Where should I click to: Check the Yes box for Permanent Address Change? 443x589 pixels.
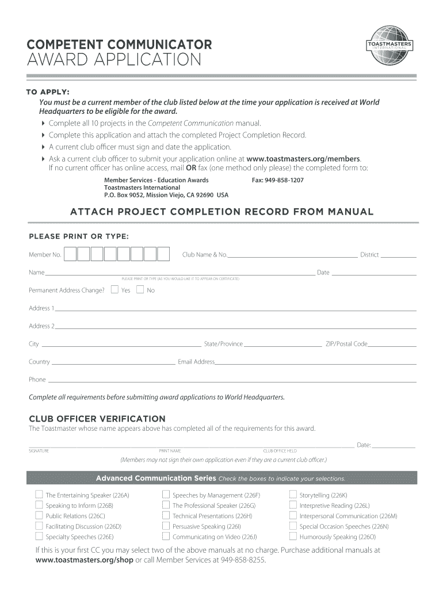(x=114, y=289)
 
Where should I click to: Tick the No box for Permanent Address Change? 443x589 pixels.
(x=140, y=289)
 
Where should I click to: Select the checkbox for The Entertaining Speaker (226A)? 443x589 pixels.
(x=39, y=494)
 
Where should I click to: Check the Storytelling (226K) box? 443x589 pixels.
(x=293, y=494)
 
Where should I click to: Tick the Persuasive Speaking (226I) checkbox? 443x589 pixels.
(x=166, y=526)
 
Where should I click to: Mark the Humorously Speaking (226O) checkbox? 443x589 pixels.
(x=293, y=536)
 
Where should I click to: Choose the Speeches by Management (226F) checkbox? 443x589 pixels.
(x=166, y=494)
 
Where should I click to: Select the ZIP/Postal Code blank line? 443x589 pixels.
(x=392, y=346)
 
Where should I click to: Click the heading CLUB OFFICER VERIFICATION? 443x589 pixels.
(x=97, y=419)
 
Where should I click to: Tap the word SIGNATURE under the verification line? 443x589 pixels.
(x=39, y=451)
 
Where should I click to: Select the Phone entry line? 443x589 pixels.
(x=231, y=381)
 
